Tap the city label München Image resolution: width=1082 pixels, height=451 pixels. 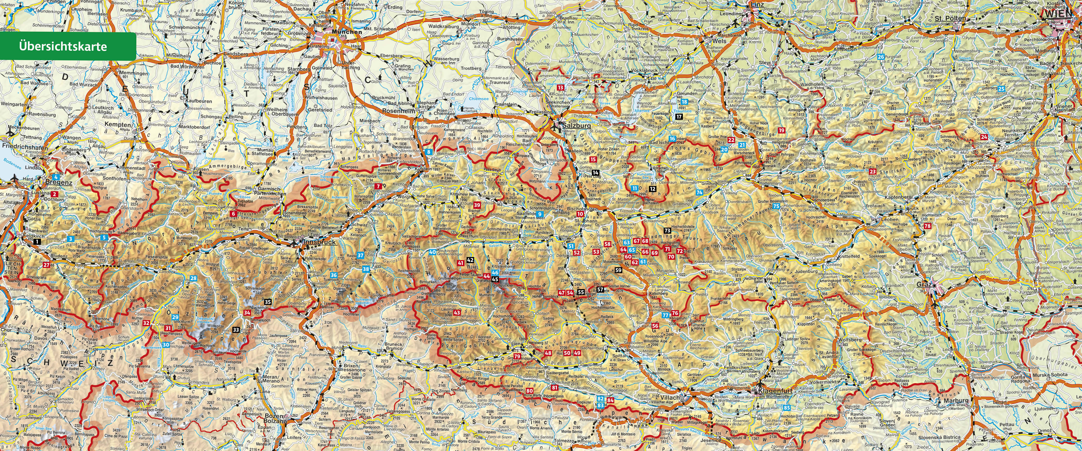(x=347, y=31)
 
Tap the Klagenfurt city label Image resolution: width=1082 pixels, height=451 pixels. (x=775, y=391)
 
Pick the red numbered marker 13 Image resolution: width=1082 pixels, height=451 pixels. (x=561, y=87)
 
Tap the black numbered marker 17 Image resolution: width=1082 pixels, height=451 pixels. (x=679, y=117)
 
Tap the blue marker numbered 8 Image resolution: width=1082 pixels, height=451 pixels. (x=428, y=152)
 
